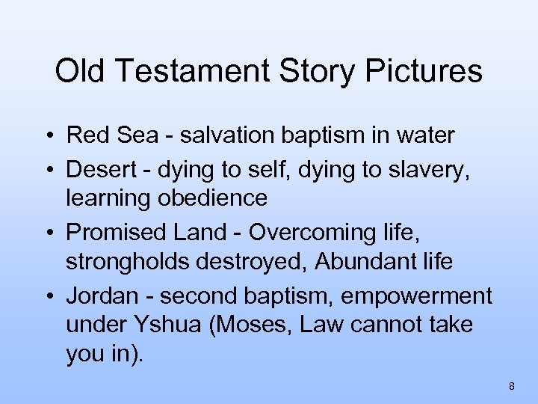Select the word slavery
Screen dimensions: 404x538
click(434, 170)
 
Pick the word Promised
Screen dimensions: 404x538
click(117, 233)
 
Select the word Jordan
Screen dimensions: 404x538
click(102, 296)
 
